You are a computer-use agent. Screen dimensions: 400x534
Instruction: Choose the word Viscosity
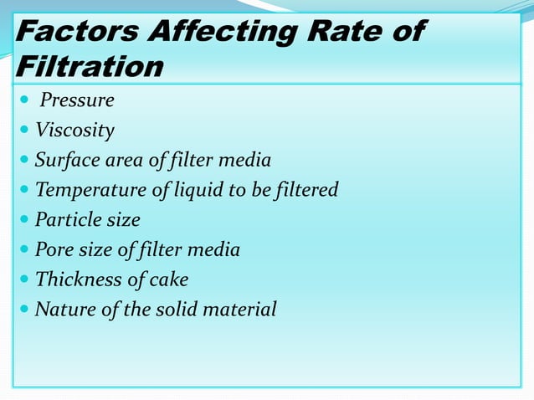(74, 131)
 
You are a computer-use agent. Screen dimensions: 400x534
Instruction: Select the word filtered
(305, 190)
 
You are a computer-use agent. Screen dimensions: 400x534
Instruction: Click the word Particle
(69, 220)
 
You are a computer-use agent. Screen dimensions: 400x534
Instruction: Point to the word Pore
(54, 249)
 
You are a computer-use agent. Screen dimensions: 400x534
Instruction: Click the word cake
(170, 279)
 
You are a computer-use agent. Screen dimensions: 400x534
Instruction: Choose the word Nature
(64, 310)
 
